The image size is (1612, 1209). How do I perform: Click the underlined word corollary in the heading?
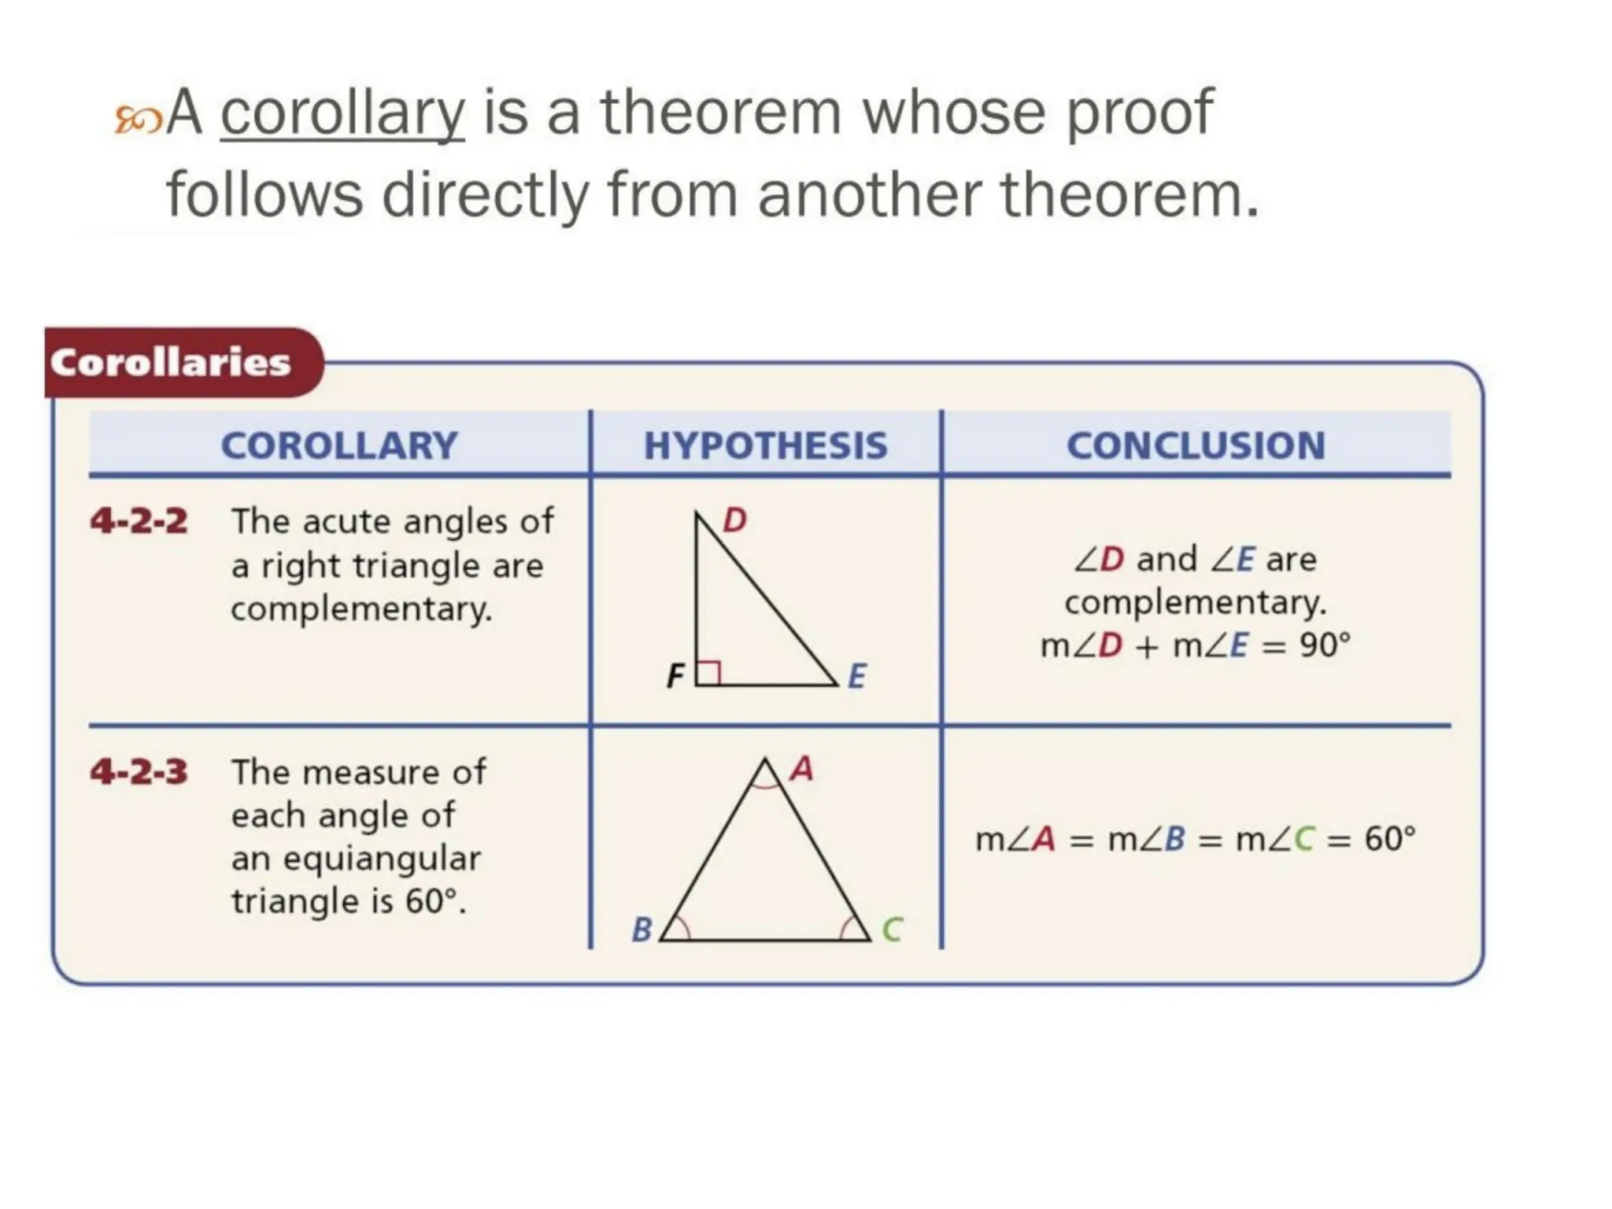[342, 115]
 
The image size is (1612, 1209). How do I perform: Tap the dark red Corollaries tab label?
[171, 363]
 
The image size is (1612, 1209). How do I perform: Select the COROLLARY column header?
[339, 446]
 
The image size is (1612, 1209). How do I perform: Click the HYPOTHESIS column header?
[765, 446]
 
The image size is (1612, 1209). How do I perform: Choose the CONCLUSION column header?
[1196, 446]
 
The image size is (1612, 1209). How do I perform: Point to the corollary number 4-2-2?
[139, 521]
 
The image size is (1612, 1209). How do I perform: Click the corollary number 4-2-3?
[139, 771]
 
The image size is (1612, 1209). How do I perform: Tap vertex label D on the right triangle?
[734, 520]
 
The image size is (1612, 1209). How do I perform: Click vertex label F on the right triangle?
[675, 676]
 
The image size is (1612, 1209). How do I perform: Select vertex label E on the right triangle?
[857, 676]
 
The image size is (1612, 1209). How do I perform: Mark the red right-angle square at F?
[708, 673]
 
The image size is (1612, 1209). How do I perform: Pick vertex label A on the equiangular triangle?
[801, 769]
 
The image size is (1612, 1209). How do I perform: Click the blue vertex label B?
[642, 930]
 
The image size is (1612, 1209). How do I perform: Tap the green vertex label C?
[892, 930]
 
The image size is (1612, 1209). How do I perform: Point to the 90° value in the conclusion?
[1325, 645]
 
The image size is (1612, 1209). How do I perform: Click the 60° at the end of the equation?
[1389, 839]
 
